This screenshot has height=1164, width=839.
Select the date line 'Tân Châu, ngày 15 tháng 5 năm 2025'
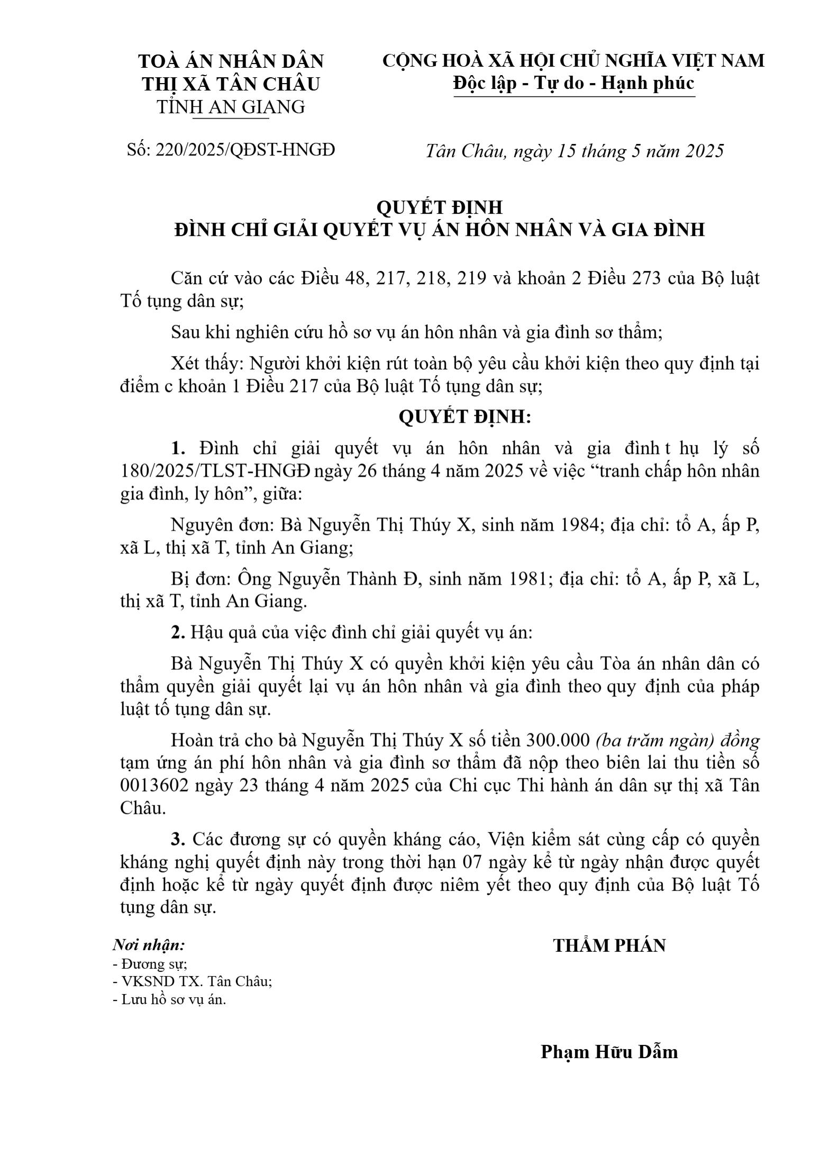(574, 151)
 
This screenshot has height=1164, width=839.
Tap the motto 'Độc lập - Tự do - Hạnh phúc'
(573, 84)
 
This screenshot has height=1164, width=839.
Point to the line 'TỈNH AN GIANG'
(231, 107)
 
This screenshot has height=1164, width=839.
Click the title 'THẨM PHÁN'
(609, 945)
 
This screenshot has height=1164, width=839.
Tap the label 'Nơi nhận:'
(149, 944)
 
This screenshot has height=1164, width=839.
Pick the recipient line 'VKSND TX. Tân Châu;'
(193, 981)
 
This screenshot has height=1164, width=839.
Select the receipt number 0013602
(154, 786)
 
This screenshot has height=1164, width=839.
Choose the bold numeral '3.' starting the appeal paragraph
(178, 839)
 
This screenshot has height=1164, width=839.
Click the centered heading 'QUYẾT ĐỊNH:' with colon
(464, 417)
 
